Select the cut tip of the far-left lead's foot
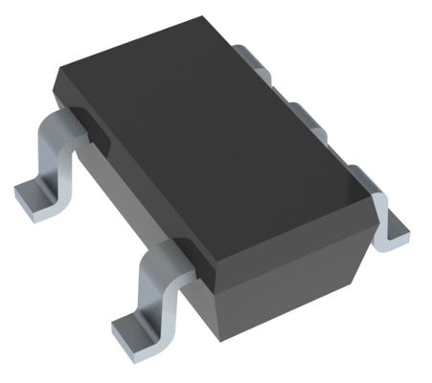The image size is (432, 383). [23, 202]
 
